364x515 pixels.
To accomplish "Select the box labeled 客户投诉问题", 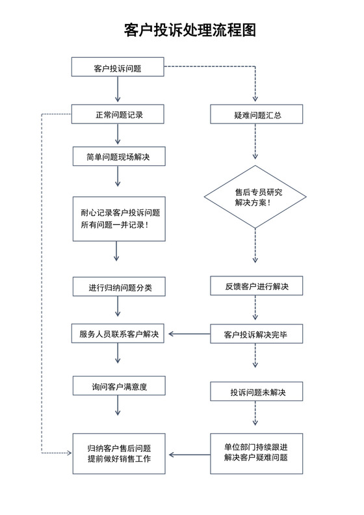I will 118,68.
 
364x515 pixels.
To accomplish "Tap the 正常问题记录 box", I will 118,114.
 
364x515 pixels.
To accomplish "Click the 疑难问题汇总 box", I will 256,114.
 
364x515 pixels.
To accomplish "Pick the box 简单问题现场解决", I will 118,156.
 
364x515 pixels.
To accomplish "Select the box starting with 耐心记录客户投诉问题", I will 118,218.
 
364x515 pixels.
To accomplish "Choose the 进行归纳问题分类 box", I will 118,287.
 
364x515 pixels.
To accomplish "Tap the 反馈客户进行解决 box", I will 256,286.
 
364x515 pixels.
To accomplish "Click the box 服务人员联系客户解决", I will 118,334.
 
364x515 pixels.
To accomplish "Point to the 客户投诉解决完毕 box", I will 256,334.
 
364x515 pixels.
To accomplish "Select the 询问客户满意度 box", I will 118,386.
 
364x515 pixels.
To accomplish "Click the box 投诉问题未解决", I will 256,392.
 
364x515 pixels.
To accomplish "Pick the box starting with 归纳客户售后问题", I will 118,453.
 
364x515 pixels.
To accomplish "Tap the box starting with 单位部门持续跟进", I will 256,453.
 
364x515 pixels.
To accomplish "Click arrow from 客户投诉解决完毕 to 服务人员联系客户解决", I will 187,335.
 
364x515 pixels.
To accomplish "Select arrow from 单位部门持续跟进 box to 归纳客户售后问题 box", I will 187,453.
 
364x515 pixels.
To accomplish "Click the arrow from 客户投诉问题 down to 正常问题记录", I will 118,90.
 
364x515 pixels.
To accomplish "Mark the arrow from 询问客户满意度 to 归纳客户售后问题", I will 118,406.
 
